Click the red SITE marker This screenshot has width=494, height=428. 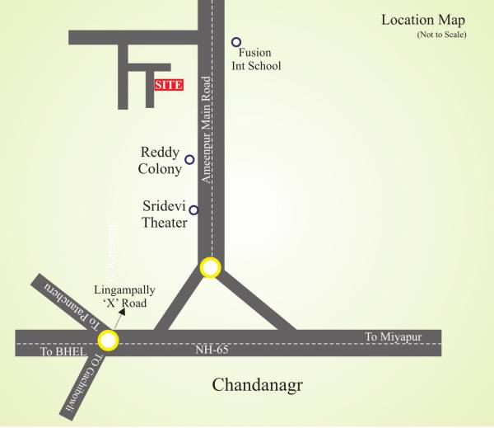(x=168, y=84)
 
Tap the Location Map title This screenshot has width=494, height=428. (x=423, y=20)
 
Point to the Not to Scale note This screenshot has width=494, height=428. (x=441, y=35)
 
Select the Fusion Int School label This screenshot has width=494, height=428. (x=254, y=59)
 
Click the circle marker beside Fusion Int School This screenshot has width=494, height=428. (x=236, y=42)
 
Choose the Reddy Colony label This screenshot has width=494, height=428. (x=161, y=161)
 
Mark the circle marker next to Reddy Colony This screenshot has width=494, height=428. (x=189, y=159)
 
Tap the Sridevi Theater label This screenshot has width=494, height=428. (x=165, y=214)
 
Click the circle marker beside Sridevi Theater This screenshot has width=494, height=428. (x=193, y=209)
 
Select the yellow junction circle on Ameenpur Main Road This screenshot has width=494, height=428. (x=210, y=267)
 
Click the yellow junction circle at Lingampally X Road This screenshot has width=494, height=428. (x=107, y=339)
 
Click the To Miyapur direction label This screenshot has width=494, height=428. (x=394, y=336)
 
